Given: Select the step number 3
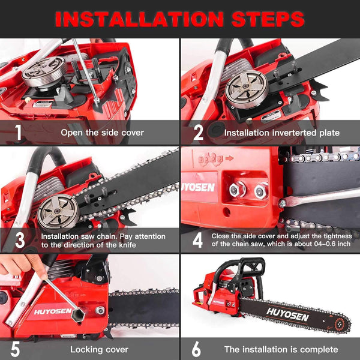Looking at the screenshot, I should click(19, 240).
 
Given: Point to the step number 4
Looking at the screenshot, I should click(198, 240).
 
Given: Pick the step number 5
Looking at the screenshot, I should click(16, 348).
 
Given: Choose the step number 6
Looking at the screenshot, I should click(196, 348).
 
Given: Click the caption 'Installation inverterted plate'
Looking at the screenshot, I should click(281, 132).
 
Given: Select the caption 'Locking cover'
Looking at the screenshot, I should click(98, 349).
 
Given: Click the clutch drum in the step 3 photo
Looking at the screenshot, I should click(58, 210).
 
